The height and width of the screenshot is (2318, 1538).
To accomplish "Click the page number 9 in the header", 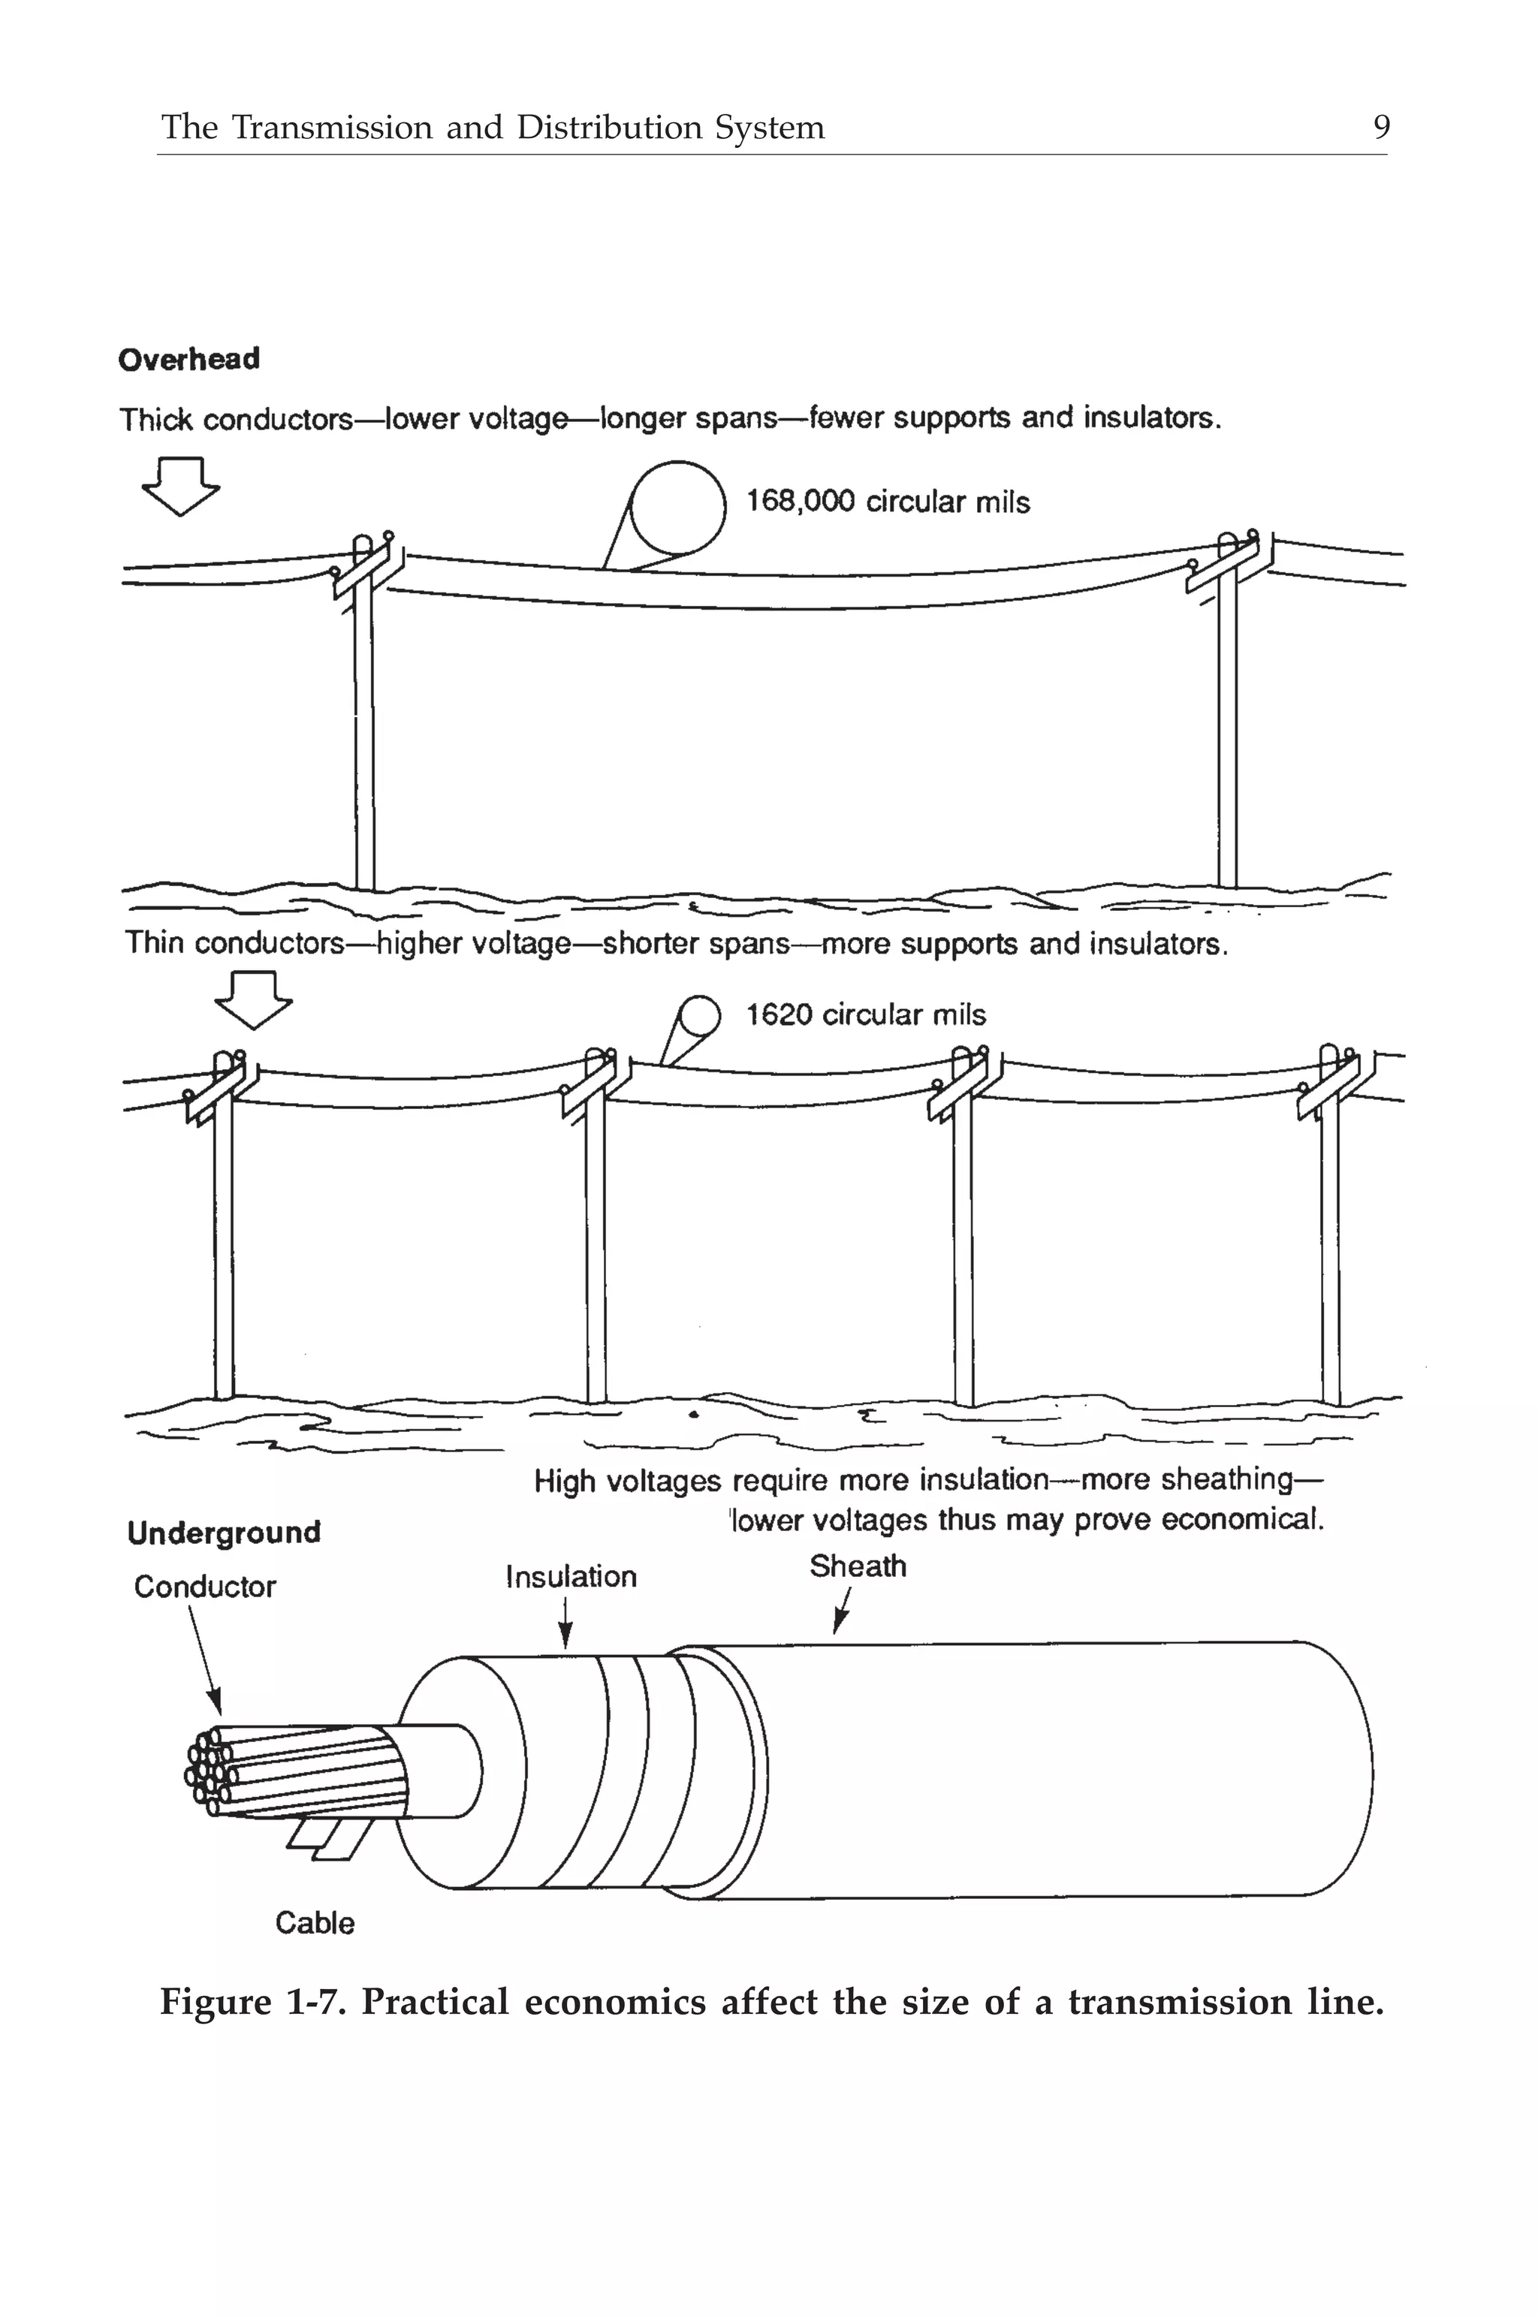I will click(x=1381, y=128).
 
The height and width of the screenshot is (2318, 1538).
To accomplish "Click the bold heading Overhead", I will click(x=189, y=360).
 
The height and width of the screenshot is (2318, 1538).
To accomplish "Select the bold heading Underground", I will click(x=224, y=1533).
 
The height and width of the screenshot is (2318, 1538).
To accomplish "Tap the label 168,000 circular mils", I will click(x=888, y=502).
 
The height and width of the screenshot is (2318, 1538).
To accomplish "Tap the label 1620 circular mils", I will click(x=865, y=1015).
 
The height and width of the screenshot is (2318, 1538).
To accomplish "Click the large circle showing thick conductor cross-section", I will click(x=677, y=510).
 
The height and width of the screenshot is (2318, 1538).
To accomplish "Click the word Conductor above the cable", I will click(x=205, y=1587).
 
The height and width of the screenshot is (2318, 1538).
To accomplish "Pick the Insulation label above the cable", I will click(x=571, y=1577).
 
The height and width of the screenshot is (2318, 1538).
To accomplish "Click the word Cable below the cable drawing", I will click(x=315, y=1923).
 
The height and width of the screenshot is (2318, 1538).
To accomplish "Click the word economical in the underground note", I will click(x=1242, y=1520).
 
